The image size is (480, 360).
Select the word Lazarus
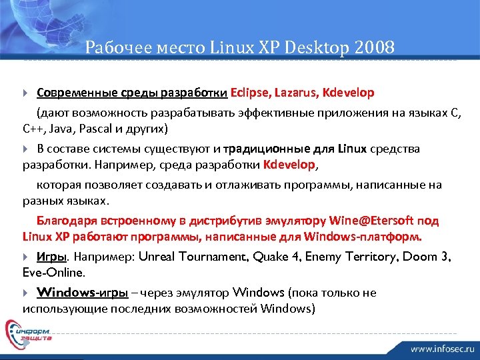tap(293, 92)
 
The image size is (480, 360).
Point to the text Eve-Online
tap(53, 273)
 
